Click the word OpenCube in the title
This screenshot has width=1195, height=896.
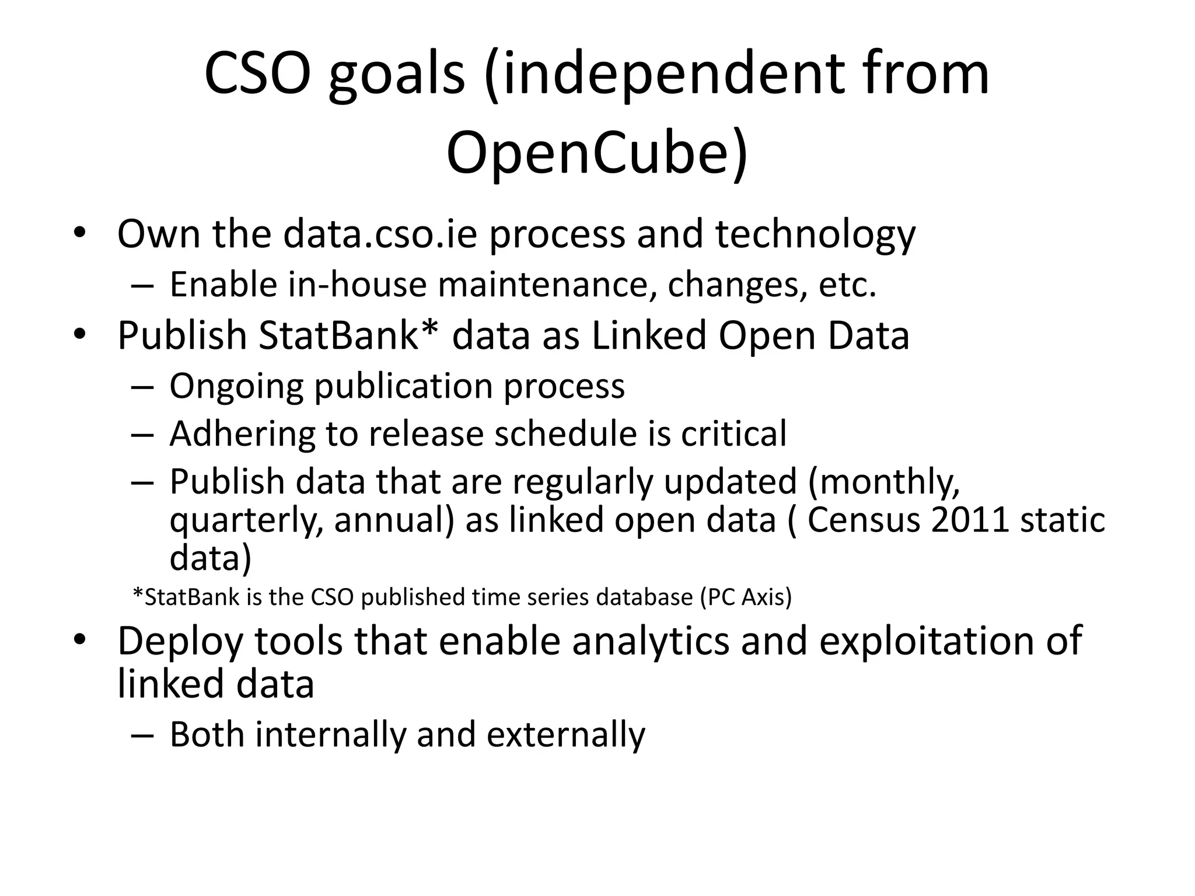pos(589,153)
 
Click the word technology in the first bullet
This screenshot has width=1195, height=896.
pos(816,234)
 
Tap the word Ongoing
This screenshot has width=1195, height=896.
pos(236,386)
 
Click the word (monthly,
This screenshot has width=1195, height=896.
pos(884,482)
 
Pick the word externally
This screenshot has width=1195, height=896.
pos(566,734)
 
